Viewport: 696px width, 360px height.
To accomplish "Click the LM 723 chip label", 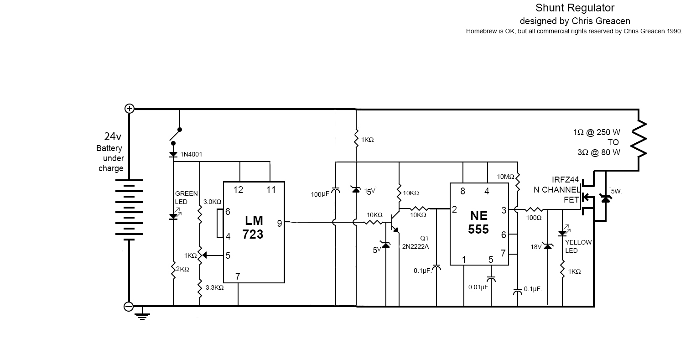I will tap(254, 227).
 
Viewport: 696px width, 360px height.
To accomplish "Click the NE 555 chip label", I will tap(478, 222).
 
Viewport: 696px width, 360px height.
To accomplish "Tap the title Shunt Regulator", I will tap(575, 8).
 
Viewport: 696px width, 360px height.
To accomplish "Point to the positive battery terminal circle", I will tap(130, 109).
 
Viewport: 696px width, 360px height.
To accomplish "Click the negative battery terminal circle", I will tap(129, 307).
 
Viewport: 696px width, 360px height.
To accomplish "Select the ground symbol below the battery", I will tap(142, 315).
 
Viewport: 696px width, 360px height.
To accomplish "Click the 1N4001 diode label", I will tap(192, 155).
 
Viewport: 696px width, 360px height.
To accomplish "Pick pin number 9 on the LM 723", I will tap(279, 223).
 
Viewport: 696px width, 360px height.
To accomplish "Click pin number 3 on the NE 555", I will tap(504, 210).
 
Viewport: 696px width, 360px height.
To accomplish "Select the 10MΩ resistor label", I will tap(505, 177).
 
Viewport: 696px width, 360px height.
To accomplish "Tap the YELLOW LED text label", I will tap(578, 246).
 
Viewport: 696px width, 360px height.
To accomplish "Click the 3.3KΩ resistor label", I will tap(214, 287).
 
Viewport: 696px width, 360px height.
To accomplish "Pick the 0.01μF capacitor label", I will tap(478, 287).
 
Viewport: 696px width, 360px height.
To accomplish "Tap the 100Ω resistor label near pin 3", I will tap(534, 218).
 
